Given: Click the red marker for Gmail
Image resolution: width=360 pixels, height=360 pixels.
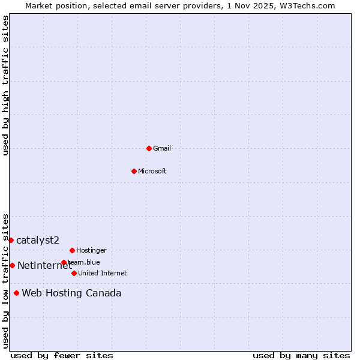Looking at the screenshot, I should (x=149, y=148).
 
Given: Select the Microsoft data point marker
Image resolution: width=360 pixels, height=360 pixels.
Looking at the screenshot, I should (x=134, y=171).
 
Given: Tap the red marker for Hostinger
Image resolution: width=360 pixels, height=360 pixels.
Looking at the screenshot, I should (x=72, y=250).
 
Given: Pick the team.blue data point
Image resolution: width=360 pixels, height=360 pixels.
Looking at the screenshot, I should (x=64, y=262).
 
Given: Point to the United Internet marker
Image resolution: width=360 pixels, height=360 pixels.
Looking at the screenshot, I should (x=74, y=273).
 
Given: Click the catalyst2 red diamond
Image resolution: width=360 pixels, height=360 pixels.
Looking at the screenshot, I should (x=11, y=240).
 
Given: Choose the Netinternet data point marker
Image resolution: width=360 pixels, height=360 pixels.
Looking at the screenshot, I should (x=12, y=265).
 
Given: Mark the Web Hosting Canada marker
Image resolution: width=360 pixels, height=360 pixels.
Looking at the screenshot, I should (x=16, y=293).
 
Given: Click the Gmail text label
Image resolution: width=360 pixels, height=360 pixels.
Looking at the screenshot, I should (x=162, y=148).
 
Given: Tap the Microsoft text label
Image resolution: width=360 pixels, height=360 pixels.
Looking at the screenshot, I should (x=152, y=171).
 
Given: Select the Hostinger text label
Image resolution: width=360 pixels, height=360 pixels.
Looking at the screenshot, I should (x=91, y=250).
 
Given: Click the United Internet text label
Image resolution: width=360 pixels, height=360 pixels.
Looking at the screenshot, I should (x=102, y=273).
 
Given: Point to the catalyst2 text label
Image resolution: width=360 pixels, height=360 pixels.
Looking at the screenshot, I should (x=38, y=240).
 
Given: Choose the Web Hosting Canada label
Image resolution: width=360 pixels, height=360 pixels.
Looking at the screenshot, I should (x=71, y=293).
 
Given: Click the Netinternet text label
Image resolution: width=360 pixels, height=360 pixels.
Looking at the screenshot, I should (x=44, y=265).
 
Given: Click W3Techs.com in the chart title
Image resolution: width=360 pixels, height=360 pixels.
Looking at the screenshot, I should (x=307, y=5).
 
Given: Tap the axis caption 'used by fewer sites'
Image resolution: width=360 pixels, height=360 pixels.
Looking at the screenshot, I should (x=62, y=355).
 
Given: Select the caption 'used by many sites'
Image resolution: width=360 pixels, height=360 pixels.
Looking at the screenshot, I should (x=301, y=355).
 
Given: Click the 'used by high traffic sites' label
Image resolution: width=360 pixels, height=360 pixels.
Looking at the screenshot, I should (x=5, y=85).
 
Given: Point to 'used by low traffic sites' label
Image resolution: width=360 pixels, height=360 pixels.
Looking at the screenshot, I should (x=5, y=280).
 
